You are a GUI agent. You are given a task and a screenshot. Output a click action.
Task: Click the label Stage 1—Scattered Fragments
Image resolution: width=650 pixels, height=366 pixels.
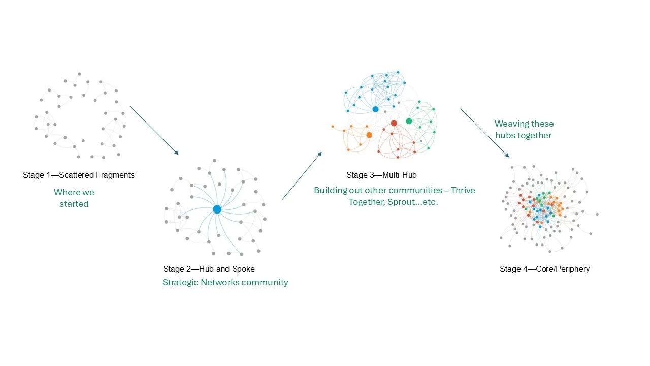79,175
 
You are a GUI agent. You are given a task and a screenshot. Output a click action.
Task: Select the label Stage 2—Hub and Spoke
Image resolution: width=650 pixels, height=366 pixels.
209,269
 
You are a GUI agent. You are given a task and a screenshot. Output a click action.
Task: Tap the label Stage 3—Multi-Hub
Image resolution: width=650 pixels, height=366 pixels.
381,175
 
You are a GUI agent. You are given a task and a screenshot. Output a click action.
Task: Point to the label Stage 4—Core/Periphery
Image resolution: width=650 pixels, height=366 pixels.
544,269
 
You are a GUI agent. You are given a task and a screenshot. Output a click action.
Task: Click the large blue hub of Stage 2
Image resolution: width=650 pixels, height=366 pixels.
217,209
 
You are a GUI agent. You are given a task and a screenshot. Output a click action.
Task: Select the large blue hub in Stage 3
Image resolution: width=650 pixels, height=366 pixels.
375,109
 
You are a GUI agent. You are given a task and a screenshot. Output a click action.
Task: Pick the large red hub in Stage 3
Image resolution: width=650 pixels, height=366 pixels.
394,123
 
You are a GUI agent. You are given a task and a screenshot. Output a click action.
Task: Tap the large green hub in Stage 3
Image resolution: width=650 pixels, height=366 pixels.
409,121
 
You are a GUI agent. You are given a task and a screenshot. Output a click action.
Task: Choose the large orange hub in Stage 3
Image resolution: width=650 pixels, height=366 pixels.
369,135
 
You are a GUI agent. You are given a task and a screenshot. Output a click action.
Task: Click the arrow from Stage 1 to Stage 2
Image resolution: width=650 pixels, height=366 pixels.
154,130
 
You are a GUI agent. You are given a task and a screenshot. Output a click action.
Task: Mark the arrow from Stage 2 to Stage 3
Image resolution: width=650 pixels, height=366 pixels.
302,175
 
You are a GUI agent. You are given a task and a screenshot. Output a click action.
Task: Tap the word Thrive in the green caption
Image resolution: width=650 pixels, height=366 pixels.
463,190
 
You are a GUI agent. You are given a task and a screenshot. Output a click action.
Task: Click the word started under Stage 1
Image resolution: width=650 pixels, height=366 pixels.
74,204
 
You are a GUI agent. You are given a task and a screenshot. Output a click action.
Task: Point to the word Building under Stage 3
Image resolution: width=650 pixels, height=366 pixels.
331,190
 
